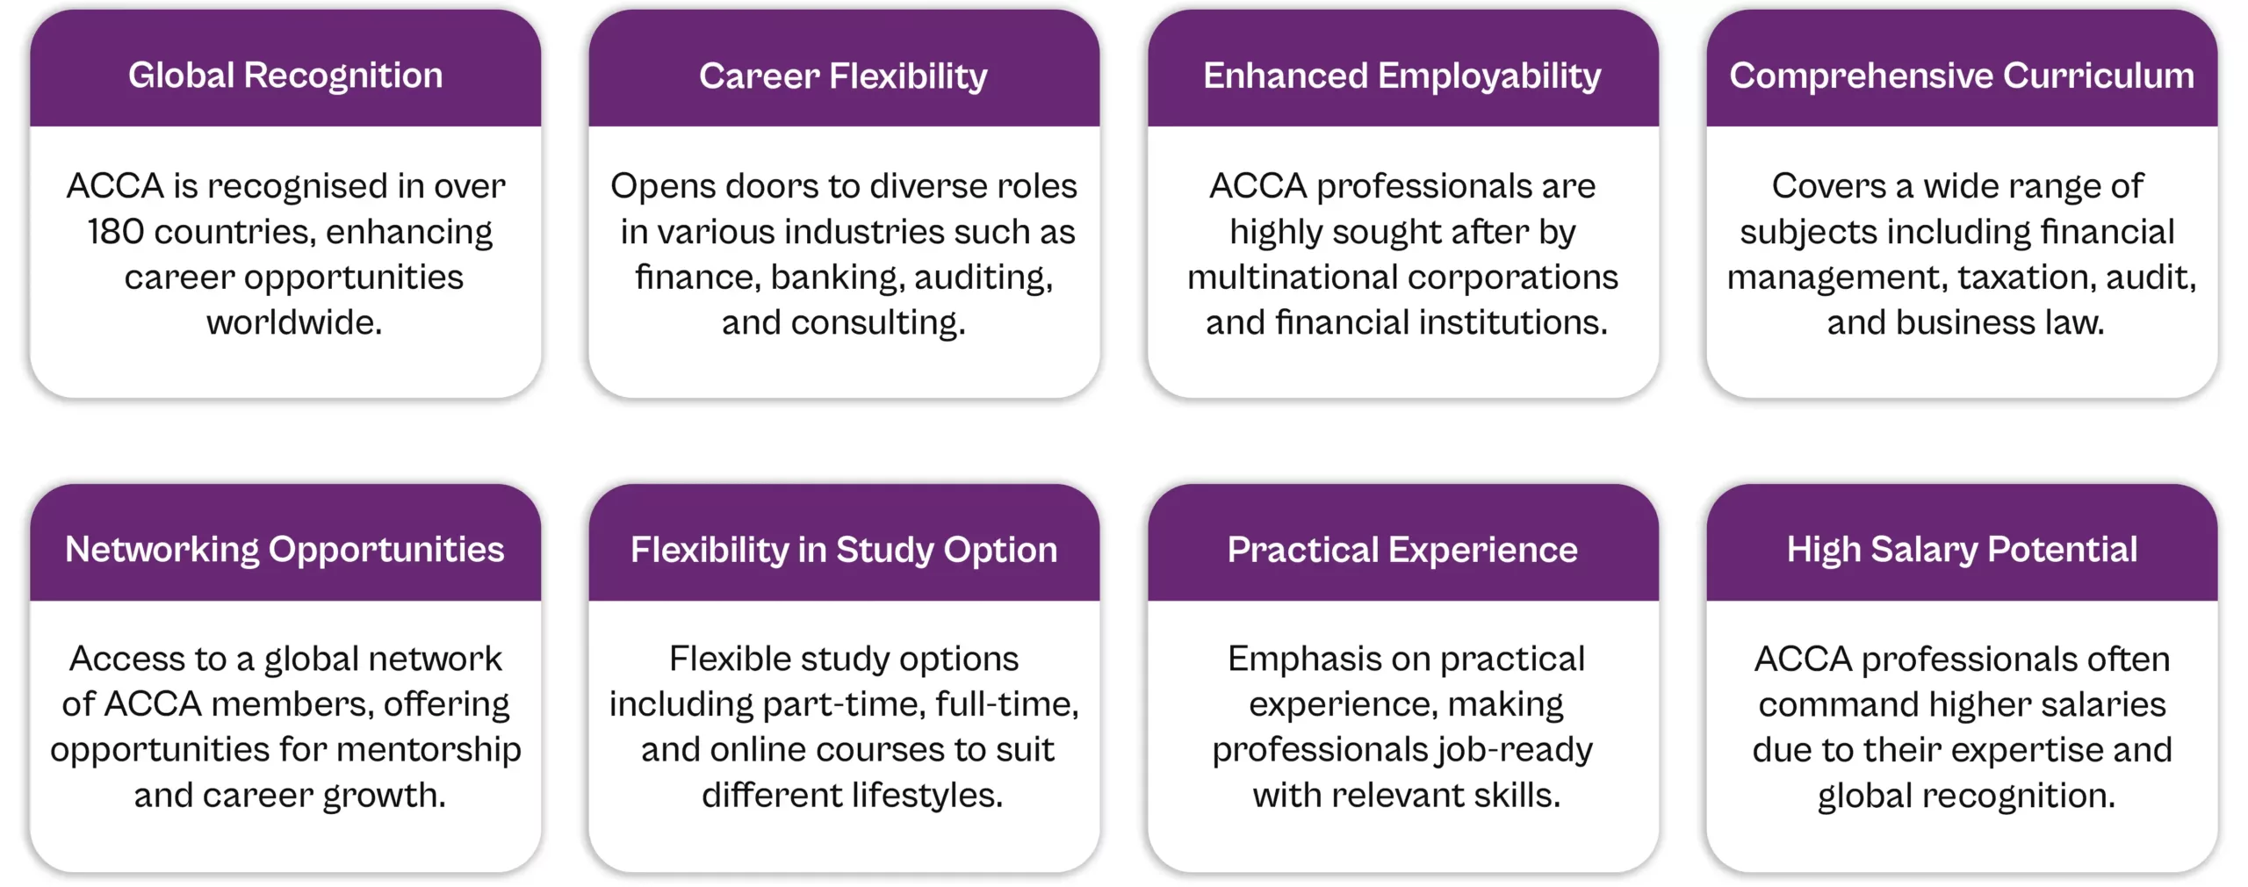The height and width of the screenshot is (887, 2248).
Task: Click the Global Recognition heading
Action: (x=285, y=76)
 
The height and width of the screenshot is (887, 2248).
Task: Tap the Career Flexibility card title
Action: (x=843, y=76)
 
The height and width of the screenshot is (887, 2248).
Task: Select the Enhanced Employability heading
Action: (x=1401, y=76)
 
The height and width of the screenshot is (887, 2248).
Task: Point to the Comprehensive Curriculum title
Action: (x=1961, y=76)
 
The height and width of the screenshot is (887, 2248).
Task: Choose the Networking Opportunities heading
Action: (x=285, y=550)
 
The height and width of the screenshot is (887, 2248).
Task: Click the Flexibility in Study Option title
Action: (x=843, y=551)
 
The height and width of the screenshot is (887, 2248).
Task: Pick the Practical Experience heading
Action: (x=1401, y=551)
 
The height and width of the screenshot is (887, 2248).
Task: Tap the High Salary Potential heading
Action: (x=1961, y=551)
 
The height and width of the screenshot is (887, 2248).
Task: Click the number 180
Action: (x=115, y=232)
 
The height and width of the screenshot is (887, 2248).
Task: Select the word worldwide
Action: (x=294, y=323)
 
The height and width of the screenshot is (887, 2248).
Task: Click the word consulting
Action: (x=877, y=323)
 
